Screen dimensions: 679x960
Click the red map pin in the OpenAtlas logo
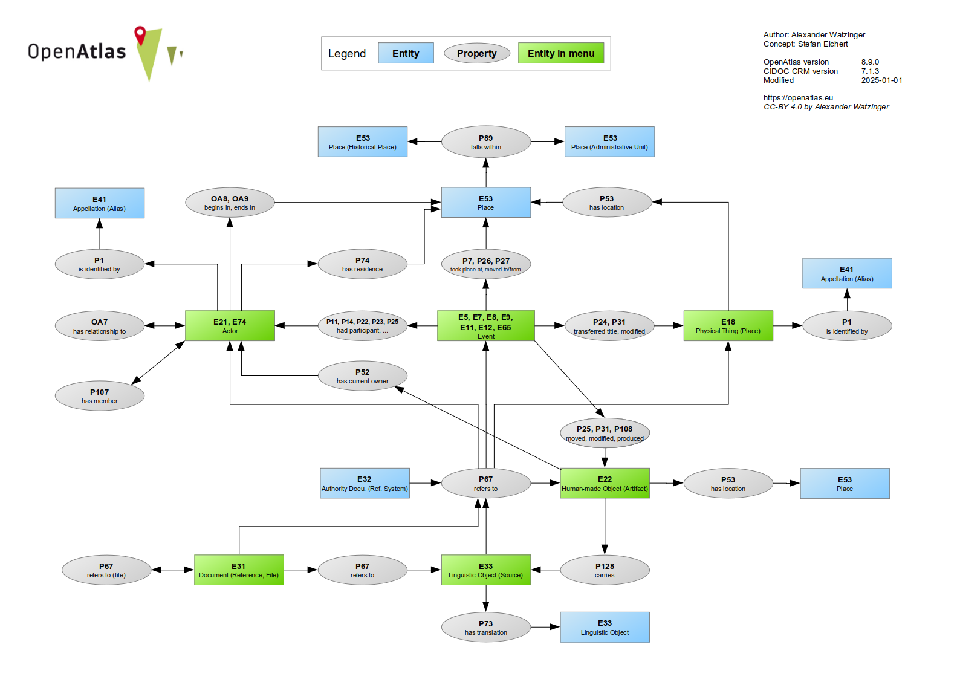(x=140, y=34)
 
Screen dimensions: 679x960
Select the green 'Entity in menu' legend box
(x=561, y=53)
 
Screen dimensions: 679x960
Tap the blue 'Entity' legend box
(x=406, y=53)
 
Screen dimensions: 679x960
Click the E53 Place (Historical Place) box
(x=363, y=142)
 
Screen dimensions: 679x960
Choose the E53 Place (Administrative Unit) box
(x=609, y=142)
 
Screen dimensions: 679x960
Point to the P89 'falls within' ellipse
(x=486, y=142)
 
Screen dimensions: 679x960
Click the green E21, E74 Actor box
(x=230, y=326)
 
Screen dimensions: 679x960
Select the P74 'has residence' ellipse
(x=363, y=264)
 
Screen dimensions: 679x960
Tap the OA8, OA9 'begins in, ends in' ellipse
(x=230, y=203)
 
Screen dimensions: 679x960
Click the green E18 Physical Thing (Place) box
(x=728, y=326)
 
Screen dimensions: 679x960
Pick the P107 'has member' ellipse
(x=100, y=396)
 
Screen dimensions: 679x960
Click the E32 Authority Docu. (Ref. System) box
(x=365, y=483)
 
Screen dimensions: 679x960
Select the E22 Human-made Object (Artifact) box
(x=605, y=483)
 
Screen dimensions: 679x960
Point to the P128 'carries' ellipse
(x=605, y=570)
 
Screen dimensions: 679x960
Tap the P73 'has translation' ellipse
(x=486, y=628)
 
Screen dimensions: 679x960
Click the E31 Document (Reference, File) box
(x=239, y=570)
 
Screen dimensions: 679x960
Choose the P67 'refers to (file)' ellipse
(x=106, y=570)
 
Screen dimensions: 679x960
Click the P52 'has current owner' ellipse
(x=363, y=376)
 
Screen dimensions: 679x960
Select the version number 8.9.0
(x=870, y=62)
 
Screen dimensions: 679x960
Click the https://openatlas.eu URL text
(x=798, y=98)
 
